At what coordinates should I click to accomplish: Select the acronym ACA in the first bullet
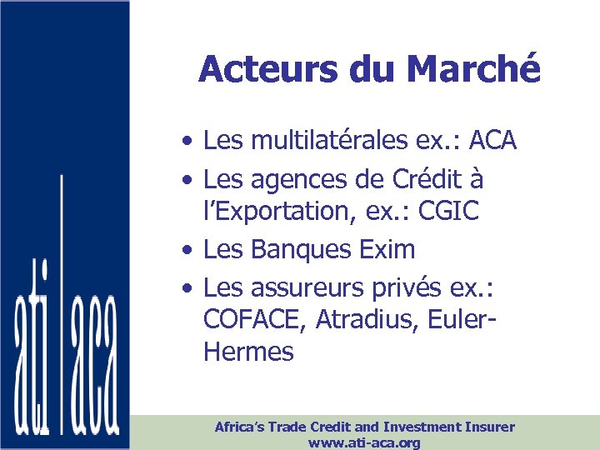tap(493, 141)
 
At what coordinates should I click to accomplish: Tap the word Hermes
tap(248, 352)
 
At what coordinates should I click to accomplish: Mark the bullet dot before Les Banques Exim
tap(191, 250)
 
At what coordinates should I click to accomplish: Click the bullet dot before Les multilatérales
tap(191, 142)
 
